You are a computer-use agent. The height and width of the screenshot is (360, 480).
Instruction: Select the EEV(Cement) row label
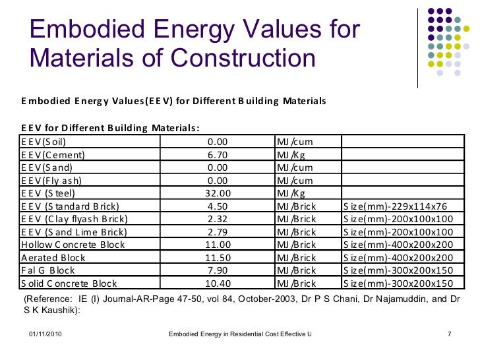(53, 156)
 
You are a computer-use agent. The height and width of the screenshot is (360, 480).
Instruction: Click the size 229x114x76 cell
(398, 206)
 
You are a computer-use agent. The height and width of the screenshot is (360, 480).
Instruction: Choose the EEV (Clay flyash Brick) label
(74, 219)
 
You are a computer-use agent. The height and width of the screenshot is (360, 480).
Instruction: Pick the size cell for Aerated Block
(398, 258)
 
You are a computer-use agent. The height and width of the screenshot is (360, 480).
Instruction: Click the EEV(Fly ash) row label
(50, 181)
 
